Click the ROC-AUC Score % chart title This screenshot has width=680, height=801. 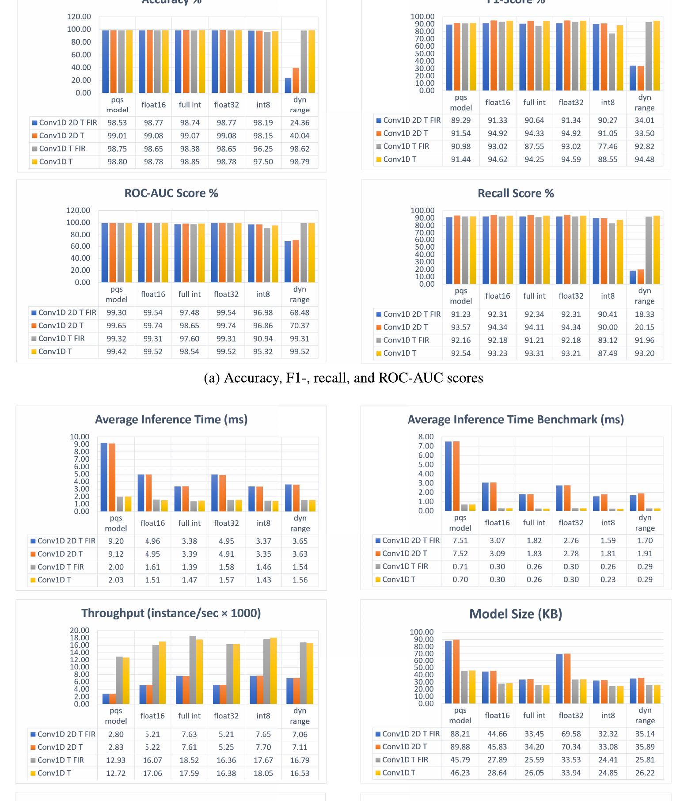point(171,193)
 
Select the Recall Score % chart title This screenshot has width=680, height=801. point(516,193)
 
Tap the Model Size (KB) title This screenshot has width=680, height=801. point(515,614)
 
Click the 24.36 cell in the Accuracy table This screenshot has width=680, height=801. point(300,123)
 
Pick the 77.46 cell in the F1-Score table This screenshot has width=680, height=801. point(608,146)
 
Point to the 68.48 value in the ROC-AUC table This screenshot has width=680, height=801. point(300,312)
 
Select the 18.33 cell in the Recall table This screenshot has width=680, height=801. point(644,314)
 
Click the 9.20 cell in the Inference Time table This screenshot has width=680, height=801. point(116,541)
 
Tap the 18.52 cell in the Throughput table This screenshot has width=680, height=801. point(189,760)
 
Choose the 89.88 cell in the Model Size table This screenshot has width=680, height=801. point(460,747)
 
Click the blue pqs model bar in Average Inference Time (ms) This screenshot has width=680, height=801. point(104,477)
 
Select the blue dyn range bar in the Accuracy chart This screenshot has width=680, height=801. point(288,85)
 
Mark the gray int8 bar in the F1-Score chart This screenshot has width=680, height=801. point(612,62)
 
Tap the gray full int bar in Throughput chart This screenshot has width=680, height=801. point(193,670)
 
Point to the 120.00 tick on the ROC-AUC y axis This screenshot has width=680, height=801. point(78,210)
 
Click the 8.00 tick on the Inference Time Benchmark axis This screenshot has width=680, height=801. point(426,437)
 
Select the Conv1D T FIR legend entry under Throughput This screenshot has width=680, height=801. point(61,760)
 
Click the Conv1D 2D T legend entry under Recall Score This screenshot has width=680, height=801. point(405,327)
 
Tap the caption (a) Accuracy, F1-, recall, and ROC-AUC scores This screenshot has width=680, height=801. point(343,378)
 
